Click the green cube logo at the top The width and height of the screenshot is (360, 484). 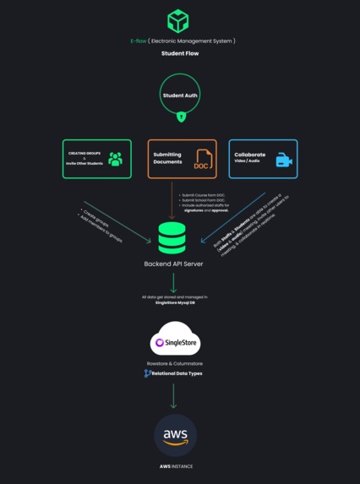pos(178,20)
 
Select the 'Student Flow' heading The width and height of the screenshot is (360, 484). pos(179,53)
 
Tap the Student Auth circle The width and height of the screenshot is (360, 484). pos(179,95)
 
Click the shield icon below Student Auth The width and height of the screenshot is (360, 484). pos(180,117)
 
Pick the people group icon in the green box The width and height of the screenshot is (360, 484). pos(115,159)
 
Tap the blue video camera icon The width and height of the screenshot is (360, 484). pos(283,159)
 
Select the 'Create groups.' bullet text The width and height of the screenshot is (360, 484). pos(92,213)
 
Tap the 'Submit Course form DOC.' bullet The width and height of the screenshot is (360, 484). pos(202,194)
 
